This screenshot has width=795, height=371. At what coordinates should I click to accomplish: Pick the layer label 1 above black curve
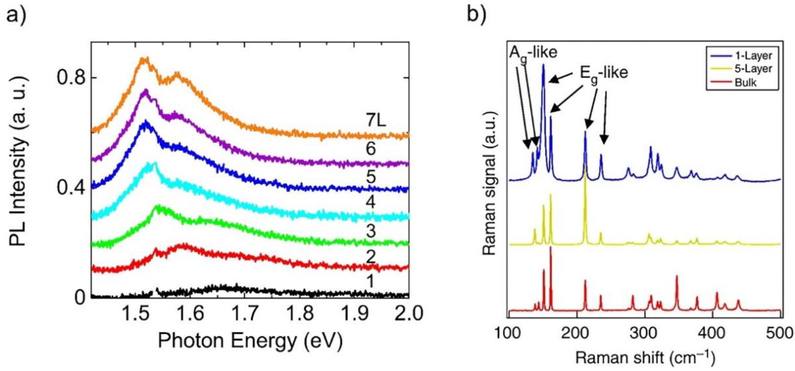click(370, 281)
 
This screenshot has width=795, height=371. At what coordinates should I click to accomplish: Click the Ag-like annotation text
click(533, 53)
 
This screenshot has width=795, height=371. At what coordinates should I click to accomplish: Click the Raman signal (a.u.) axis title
click(490, 184)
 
